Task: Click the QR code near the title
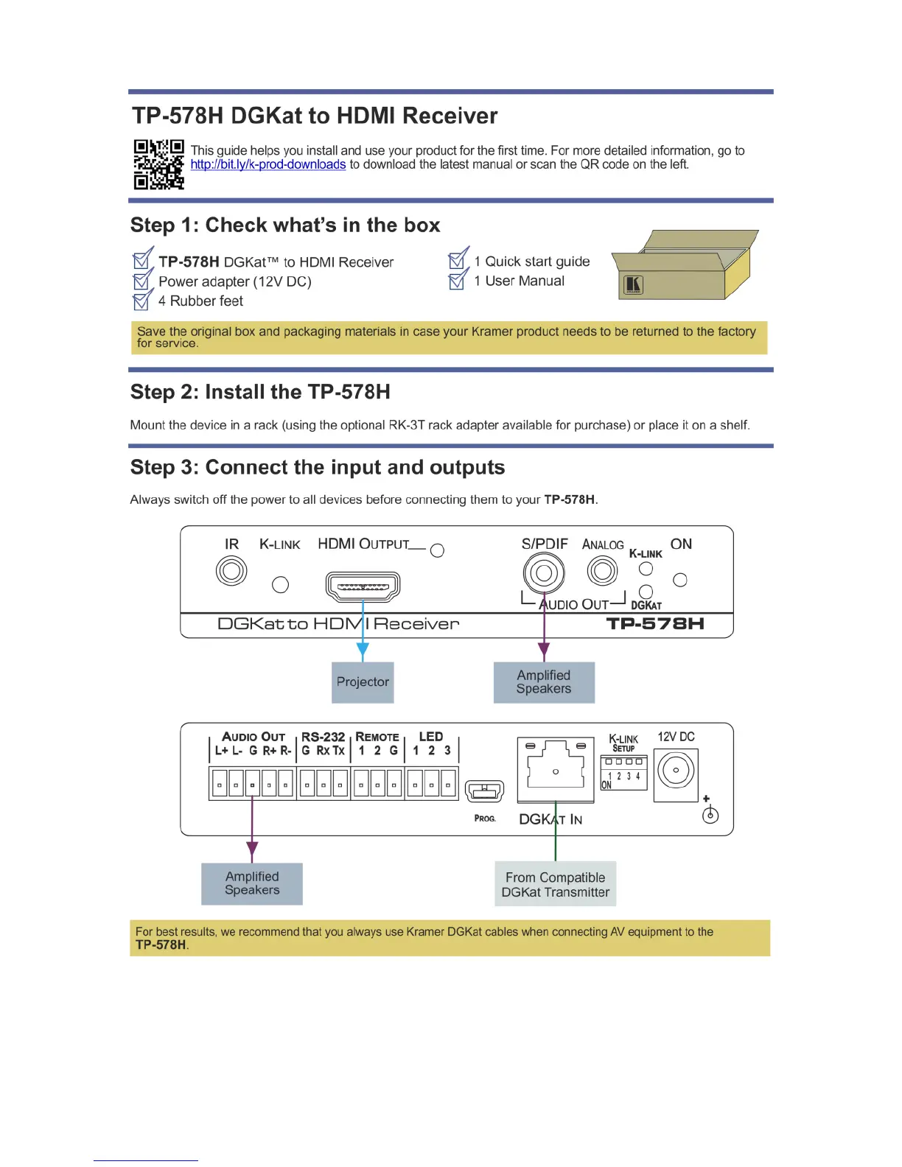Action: (x=158, y=164)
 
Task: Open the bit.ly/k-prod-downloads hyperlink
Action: (x=268, y=164)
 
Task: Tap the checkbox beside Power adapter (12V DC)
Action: (x=141, y=281)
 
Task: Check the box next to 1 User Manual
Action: (x=457, y=280)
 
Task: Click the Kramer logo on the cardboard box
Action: (x=633, y=285)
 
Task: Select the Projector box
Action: (x=363, y=682)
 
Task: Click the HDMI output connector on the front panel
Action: (x=363, y=586)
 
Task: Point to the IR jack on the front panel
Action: (x=231, y=571)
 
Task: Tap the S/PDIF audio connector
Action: (x=544, y=572)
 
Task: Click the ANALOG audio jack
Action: (x=602, y=570)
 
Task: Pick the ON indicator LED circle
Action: (x=680, y=580)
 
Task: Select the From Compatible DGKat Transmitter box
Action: (x=556, y=884)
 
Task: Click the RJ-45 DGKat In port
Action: (x=556, y=769)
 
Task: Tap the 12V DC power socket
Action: (x=676, y=771)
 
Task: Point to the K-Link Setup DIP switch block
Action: (x=623, y=771)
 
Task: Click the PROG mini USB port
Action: (x=485, y=791)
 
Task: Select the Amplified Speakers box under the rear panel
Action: (x=252, y=883)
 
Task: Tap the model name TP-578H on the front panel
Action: (x=655, y=624)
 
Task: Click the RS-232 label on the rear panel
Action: (x=323, y=737)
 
